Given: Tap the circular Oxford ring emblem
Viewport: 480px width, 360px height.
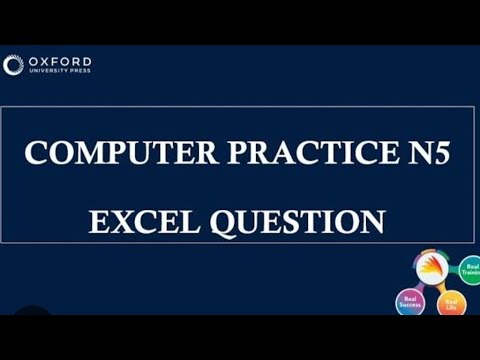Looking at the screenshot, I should (x=13, y=65).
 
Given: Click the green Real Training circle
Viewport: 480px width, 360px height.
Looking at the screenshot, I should (x=469, y=271).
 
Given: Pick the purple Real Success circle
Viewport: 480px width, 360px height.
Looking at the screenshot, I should (x=411, y=302).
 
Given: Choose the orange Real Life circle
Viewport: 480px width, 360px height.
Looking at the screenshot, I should (x=452, y=305).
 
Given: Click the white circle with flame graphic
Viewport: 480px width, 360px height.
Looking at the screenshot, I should (x=431, y=270).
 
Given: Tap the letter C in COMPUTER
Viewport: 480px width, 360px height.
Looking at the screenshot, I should (x=36, y=154).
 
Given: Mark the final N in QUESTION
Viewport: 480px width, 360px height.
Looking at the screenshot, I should (x=373, y=220).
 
